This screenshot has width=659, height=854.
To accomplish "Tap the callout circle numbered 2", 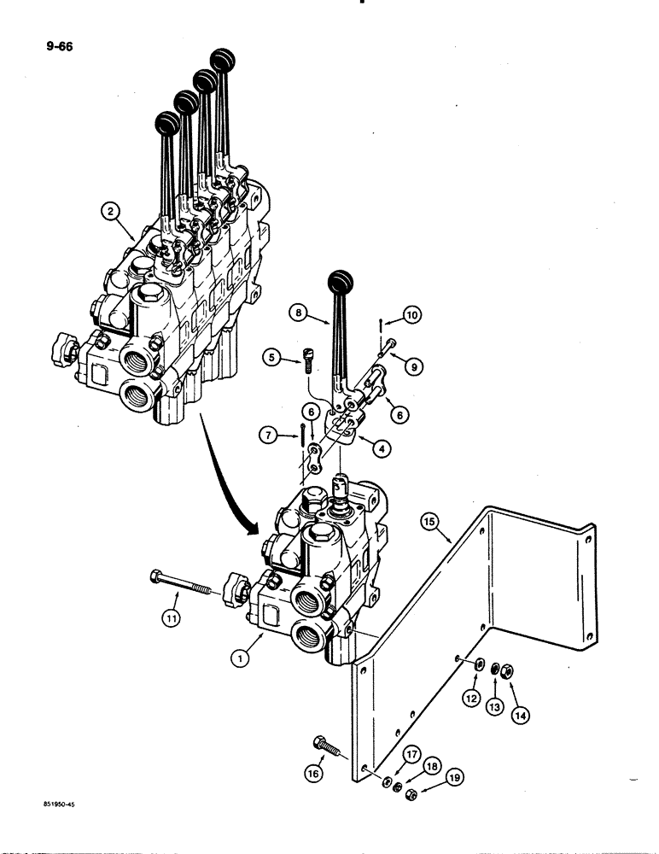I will tap(109, 209).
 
